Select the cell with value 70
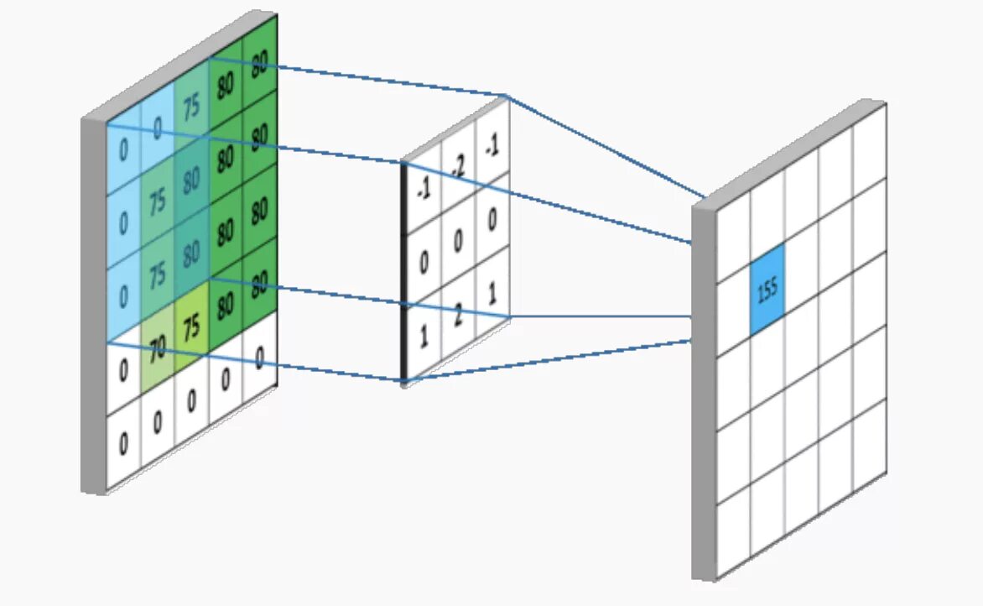[x=157, y=349]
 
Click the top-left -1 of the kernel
[x=424, y=191]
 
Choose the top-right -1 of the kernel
[x=492, y=146]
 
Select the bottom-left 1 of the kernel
[x=424, y=337]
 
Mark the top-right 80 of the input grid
[x=260, y=61]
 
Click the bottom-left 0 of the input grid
[x=123, y=442]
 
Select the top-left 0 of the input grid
[x=123, y=151]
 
